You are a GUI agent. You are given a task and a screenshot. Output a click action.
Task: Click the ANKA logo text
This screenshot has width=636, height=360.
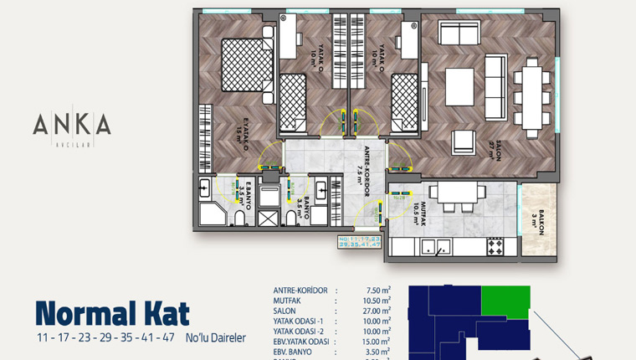click(x=71, y=126)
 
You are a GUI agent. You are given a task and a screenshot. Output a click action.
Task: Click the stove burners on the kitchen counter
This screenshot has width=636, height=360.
click(x=495, y=246)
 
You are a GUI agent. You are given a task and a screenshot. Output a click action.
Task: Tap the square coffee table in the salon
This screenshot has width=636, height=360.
click(x=459, y=85)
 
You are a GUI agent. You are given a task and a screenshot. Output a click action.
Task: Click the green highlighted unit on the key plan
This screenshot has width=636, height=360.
click(x=506, y=301)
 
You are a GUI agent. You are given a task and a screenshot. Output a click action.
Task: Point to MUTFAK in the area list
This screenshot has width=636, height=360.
click(x=290, y=301)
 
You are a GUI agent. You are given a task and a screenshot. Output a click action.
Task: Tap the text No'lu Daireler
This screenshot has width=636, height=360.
click(x=215, y=338)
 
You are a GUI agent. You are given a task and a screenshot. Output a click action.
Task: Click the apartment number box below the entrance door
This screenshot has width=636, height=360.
click(x=360, y=243)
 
